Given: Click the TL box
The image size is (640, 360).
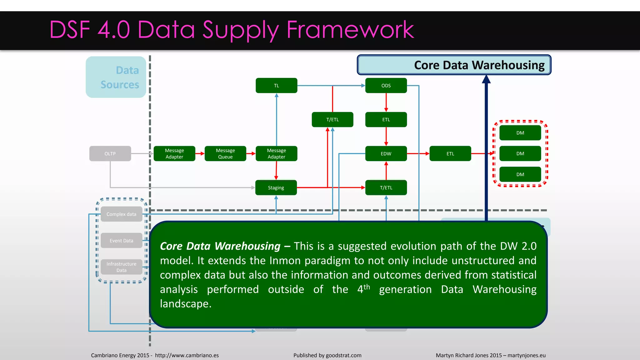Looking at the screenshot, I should [276, 85].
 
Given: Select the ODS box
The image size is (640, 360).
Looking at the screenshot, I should [386, 85].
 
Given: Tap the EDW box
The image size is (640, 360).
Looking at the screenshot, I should [386, 153].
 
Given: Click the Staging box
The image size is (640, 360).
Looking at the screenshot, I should [276, 187].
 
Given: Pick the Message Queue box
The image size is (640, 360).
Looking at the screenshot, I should [225, 153].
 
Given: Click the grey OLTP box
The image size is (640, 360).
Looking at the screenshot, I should [110, 153].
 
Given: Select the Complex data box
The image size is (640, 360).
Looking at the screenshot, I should [121, 214].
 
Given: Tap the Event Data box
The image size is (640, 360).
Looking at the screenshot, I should [121, 241].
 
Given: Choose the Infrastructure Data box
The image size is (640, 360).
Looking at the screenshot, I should [121, 267].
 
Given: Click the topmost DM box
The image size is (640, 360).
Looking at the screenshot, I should [520, 133].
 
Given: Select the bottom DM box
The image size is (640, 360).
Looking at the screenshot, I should [520, 174].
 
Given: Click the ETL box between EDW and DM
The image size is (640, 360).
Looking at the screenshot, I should [450, 153].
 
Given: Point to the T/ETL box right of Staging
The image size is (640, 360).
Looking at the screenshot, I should [386, 187].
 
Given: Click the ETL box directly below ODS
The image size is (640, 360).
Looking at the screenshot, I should [386, 119].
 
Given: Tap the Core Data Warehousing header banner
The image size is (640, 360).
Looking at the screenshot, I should [454, 65].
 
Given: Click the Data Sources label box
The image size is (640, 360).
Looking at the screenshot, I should [116, 77].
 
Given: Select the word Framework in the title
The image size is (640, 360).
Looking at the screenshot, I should [350, 30].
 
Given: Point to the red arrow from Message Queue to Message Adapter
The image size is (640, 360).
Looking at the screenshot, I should [251, 153].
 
